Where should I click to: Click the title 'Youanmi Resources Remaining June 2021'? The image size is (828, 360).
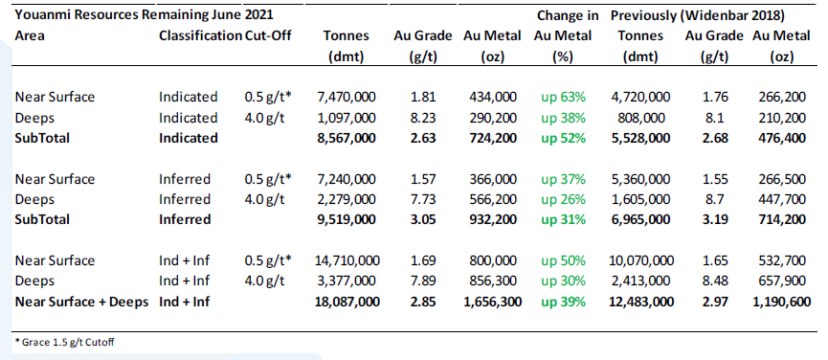[x=145, y=14]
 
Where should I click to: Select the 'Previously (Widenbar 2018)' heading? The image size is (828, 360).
[x=697, y=16]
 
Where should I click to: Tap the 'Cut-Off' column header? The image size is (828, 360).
[x=268, y=35]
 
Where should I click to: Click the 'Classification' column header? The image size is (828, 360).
[x=200, y=35]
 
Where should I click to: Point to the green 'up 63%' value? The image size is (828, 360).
[x=563, y=97]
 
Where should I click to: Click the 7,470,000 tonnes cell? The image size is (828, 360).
[x=347, y=97]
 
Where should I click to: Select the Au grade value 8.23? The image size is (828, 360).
[x=422, y=118]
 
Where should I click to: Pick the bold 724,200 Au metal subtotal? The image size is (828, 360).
[x=493, y=138]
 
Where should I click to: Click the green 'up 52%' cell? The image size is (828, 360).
[x=563, y=138]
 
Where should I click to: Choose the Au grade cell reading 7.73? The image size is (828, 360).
[x=422, y=199]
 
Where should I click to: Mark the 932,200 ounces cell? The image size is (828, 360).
[x=493, y=219]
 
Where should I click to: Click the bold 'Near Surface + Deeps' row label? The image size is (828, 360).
[x=82, y=302]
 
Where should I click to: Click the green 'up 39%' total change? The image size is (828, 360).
[x=563, y=302]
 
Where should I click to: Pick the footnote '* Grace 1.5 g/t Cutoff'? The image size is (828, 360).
[x=64, y=342]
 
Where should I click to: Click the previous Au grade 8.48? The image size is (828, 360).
[x=715, y=281]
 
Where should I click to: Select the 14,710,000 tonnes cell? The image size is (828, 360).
[x=346, y=260]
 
